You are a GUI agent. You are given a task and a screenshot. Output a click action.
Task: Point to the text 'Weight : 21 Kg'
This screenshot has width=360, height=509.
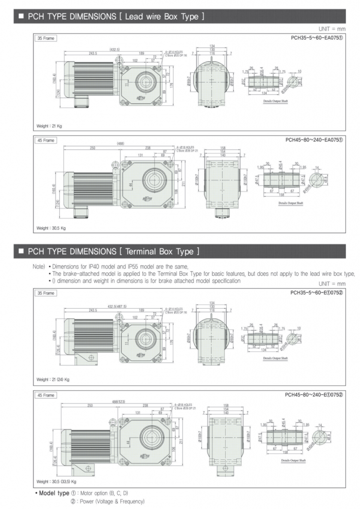(49, 126)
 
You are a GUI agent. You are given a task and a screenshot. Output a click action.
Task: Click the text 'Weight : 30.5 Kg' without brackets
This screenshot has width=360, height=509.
(51, 228)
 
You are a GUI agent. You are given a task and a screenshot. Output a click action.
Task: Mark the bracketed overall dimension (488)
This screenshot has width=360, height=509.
(121, 143)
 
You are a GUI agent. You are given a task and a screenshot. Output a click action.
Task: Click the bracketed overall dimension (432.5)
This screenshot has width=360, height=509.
(115, 50)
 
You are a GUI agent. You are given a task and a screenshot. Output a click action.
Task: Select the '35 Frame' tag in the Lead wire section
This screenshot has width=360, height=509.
(45, 38)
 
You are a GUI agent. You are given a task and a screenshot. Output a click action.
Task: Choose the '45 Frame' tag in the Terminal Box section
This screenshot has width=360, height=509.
(45, 395)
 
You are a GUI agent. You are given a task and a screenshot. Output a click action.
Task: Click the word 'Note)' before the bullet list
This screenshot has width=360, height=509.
(39, 266)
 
